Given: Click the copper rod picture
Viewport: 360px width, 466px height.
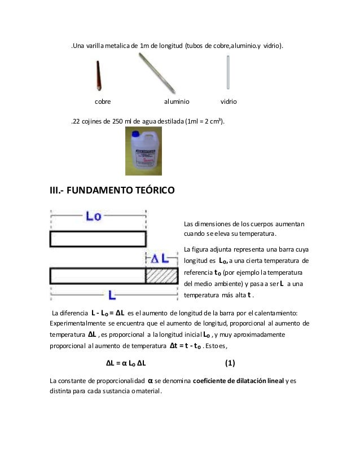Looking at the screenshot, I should point(99,76).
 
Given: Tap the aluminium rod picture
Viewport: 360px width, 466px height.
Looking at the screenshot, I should point(157,73).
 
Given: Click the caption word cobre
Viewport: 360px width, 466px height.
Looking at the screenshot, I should point(102,102).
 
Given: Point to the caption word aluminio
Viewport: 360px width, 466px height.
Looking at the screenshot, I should point(177,102).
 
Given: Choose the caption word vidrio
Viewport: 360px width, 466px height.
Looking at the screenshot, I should point(229,102).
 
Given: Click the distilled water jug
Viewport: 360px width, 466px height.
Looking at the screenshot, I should point(143,151).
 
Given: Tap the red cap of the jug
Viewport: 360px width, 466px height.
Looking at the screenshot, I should point(136,131).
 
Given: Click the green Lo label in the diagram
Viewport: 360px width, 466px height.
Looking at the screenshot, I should point(94,217).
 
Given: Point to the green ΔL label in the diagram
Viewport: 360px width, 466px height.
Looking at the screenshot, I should point(159,258).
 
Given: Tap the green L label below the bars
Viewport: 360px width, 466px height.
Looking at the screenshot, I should point(112,295).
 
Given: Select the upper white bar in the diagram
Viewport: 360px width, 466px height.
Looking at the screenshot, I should point(98,239).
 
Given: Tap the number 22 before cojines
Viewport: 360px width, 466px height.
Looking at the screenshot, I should point(77,121).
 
